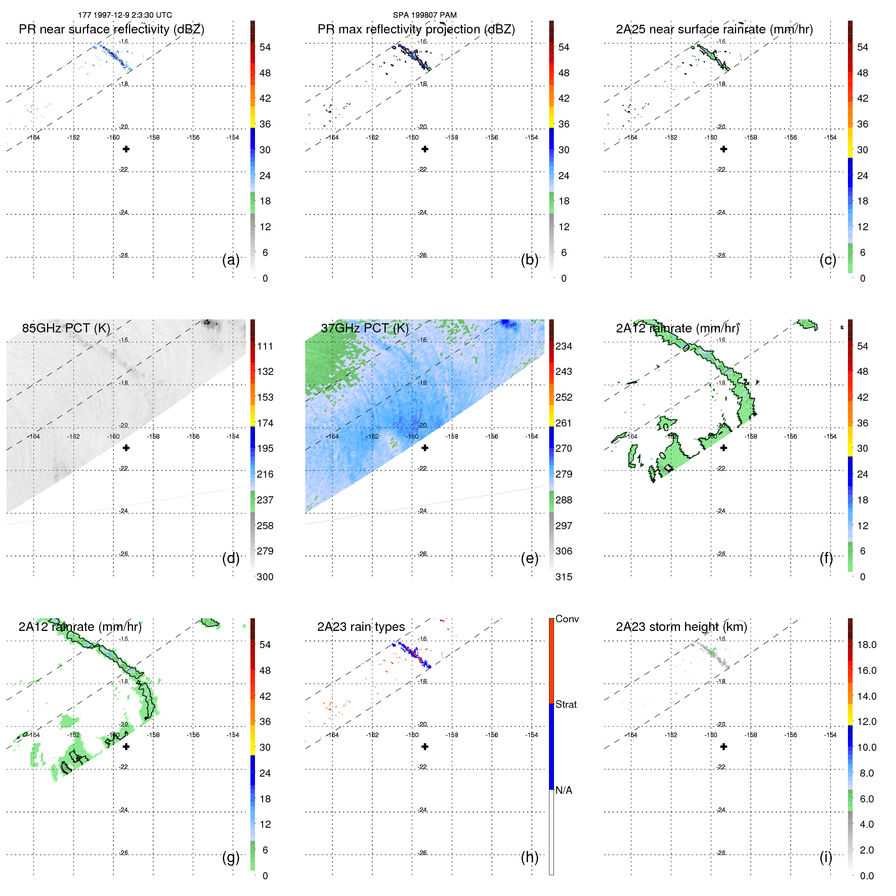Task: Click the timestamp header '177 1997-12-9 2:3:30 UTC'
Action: [125, 15]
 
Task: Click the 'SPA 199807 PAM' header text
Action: [424, 15]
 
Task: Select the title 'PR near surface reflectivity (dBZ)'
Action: [111, 29]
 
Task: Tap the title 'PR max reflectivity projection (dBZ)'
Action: [416, 29]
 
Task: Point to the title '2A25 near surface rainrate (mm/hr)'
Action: [714, 29]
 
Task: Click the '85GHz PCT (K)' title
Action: [66, 328]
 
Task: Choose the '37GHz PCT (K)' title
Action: [364, 328]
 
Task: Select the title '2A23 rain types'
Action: [361, 627]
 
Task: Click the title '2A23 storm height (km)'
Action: [681, 627]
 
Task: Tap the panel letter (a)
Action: [231, 260]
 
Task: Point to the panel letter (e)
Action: [529, 559]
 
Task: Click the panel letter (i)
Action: [826, 857]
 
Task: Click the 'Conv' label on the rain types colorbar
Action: [567, 619]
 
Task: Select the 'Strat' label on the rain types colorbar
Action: [566, 704]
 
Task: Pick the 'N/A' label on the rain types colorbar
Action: [564, 790]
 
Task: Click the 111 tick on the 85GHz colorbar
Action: [265, 347]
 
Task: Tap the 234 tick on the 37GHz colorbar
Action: [564, 347]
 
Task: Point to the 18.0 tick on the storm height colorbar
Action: [866, 645]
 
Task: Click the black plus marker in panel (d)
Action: [126, 448]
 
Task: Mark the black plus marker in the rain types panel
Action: [425, 746]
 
